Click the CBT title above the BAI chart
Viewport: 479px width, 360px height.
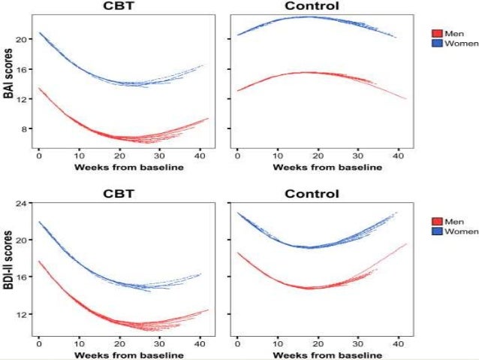pos(120,7)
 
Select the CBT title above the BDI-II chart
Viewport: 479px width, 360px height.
pos(120,193)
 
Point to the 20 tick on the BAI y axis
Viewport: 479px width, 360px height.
pos(23,39)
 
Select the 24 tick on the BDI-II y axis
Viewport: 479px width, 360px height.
pos(23,204)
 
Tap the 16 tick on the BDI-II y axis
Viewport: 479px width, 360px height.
pos(23,277)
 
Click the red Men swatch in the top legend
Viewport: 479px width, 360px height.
pos(436,33)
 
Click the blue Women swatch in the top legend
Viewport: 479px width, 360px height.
pos(436,44)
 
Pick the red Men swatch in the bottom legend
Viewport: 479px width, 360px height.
pos(436,221)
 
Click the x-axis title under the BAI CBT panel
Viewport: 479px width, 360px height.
pos(120,167)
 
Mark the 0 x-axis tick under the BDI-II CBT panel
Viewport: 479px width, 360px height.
pos(39,343)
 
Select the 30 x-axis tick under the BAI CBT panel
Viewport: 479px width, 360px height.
pos(160,156)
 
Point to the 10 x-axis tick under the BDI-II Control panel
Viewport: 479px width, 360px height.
pos(278,343)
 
